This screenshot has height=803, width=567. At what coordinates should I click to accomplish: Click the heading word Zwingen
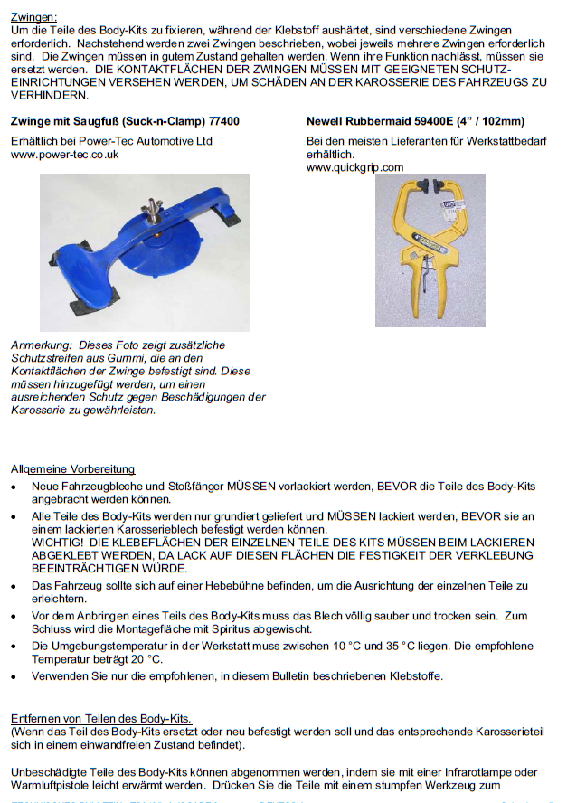33,17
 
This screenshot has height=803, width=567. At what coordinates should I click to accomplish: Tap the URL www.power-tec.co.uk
64,155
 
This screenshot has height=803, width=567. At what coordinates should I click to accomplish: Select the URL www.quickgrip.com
354,167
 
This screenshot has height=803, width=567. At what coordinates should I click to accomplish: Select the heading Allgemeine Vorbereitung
72,468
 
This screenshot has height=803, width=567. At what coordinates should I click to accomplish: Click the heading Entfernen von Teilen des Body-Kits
100,719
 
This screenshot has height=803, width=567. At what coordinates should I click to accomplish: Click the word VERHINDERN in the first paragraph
44,95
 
